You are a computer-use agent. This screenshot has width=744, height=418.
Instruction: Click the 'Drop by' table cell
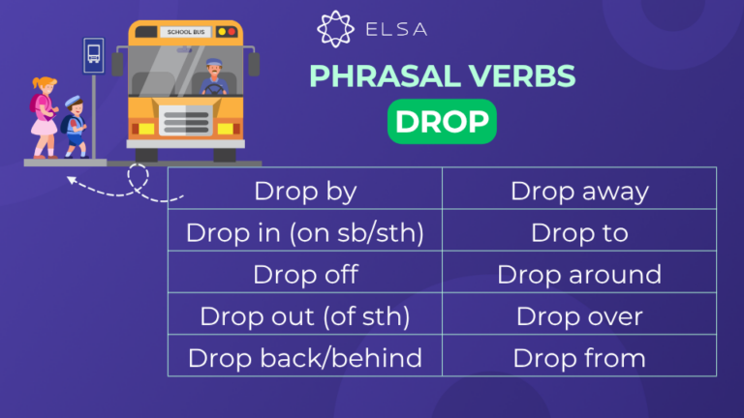304,190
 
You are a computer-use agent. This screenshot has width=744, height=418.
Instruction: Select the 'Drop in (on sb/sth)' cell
304,232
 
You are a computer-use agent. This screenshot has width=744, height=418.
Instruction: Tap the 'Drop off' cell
304,274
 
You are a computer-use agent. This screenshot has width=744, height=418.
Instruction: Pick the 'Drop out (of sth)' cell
304,315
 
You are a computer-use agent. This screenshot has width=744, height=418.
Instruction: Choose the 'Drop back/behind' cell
304,357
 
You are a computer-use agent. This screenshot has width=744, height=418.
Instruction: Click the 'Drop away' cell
579,190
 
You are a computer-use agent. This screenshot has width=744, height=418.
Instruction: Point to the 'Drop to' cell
579,232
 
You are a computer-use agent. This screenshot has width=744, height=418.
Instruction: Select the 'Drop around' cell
579,274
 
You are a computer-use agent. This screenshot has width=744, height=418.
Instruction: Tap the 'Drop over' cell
579,315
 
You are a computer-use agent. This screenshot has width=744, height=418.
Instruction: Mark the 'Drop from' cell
579,357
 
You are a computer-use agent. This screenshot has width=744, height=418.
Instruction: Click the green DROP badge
442,123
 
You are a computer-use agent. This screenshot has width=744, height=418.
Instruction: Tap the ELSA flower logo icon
332,29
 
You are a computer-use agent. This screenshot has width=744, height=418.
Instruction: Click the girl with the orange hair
44,114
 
